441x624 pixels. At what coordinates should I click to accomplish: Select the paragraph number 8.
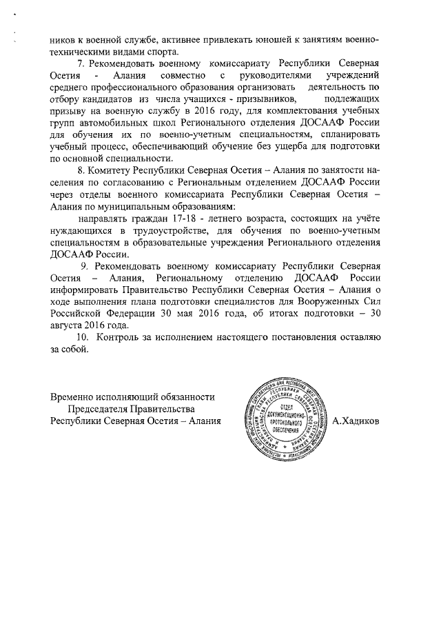tap(80, 170)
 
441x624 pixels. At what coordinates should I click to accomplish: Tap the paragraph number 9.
tap(85, 265)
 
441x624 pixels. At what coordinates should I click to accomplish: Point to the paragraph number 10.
tap(83, 337)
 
